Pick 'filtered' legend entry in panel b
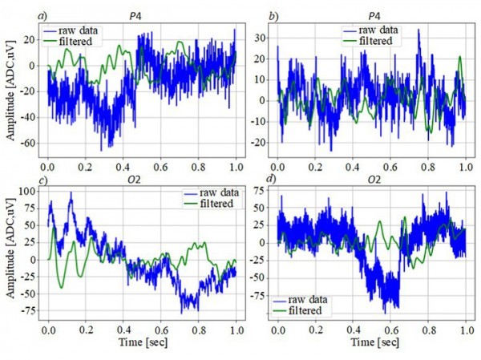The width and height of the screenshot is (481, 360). (383, 40)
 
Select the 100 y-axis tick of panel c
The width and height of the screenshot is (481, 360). (24, 191)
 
